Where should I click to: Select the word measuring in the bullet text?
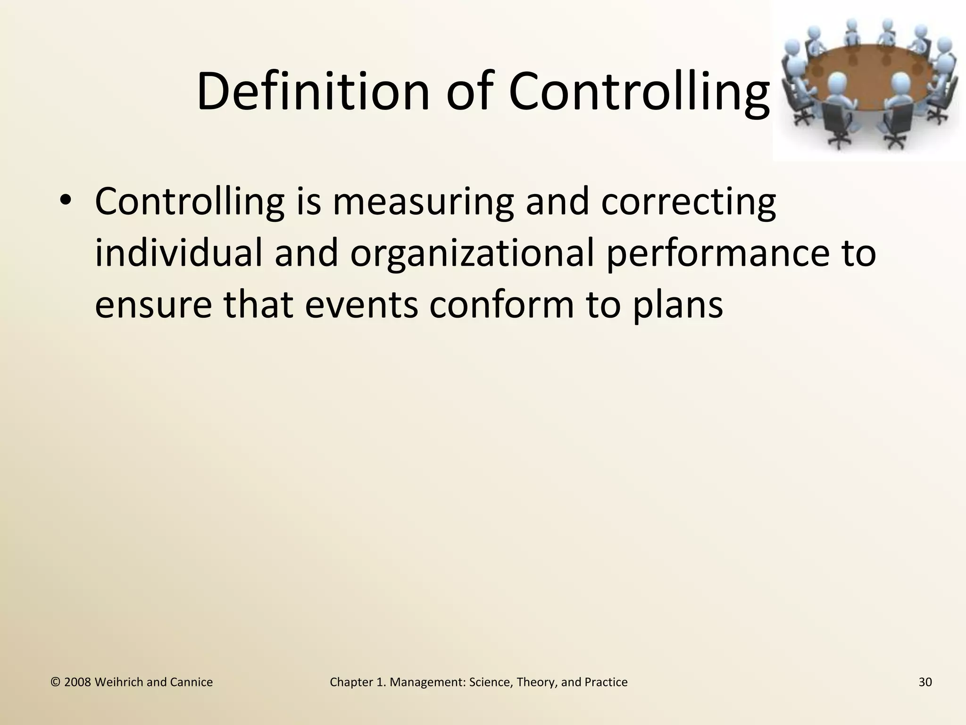tap(423, 202)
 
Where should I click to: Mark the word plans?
tap(677, 304)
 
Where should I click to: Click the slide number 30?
tap(925, 682)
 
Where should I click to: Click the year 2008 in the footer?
tap(77, 682)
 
